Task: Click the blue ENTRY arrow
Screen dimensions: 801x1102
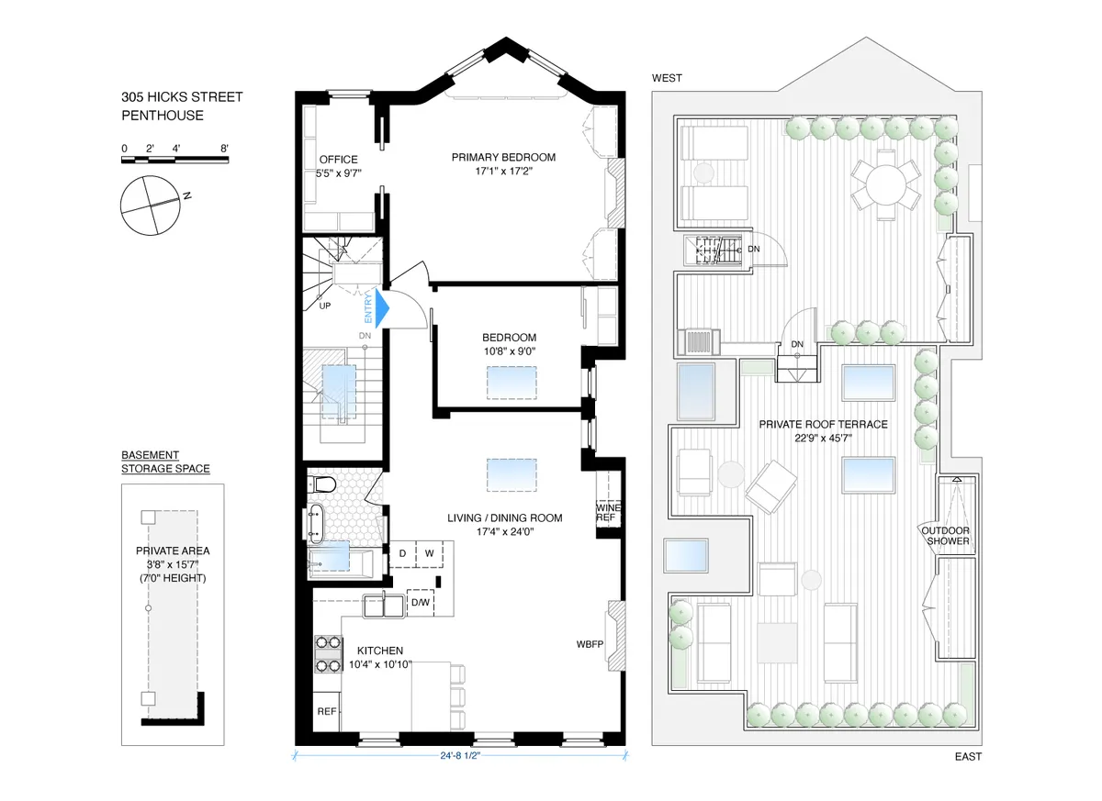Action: pos(380,307)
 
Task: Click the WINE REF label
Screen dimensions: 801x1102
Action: pos(606,512)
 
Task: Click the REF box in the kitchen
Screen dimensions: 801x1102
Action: pos(327,712)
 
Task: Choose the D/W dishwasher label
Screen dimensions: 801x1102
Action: pos(421,603)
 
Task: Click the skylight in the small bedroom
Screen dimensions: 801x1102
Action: pos(511,381)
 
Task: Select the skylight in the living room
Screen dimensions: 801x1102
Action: pos(511,474)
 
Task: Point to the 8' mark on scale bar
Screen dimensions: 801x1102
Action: pos(224,148)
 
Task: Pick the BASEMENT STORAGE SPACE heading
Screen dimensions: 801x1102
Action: pos(165,462)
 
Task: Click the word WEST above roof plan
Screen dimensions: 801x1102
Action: pos(667,78)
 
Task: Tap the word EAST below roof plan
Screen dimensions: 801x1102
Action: pos(966,757)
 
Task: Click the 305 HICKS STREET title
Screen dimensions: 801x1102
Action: pos(182,97)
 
